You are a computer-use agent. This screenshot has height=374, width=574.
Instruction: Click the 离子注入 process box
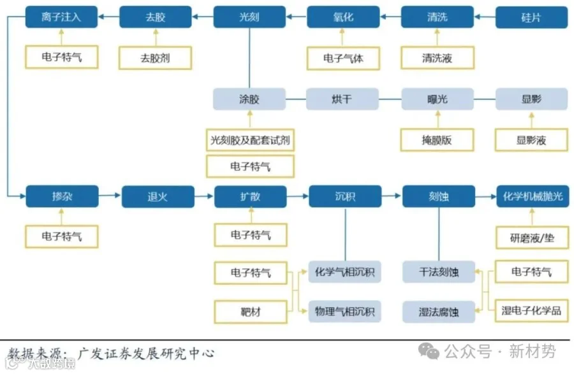point(61,17)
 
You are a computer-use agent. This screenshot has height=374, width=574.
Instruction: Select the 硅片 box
point(531,17)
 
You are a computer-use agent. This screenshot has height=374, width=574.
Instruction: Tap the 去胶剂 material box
point(156,58)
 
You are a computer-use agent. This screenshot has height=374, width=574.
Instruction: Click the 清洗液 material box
point(437,58)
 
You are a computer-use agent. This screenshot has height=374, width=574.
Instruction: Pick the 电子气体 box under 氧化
point(343,58)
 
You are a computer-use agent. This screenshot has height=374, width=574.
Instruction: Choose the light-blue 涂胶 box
point(249,99)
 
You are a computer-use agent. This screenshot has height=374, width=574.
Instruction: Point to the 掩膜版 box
point(437,140)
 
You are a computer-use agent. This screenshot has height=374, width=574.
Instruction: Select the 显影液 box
point(531,140)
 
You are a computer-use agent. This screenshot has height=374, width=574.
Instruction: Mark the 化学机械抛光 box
point(532,196)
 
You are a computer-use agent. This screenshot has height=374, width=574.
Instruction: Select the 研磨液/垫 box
point(532,237)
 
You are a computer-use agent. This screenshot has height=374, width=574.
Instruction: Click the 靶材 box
point(250,312)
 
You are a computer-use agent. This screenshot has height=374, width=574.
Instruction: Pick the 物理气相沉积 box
point(344,312)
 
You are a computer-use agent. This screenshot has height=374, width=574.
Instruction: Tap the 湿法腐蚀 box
point(439,312)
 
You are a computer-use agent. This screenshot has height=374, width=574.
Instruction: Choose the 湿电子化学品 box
point(532,310)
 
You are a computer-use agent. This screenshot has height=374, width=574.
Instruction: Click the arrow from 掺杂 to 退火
point(110,196)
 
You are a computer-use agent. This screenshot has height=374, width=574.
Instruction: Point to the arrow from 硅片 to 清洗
point(485,17)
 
